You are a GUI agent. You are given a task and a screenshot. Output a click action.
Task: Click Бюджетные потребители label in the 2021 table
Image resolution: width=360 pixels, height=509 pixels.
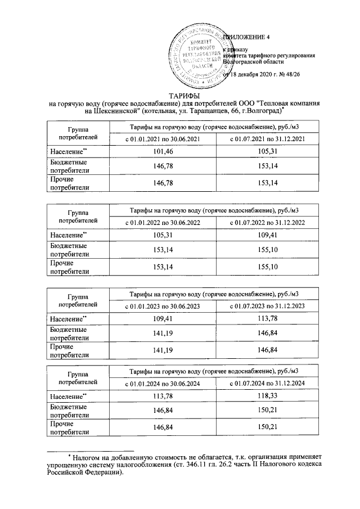pyautogui.click(x=69, y=166)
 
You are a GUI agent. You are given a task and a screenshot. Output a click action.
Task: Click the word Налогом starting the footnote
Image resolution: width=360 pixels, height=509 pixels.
pyautogui.click(x=89, y=458)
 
